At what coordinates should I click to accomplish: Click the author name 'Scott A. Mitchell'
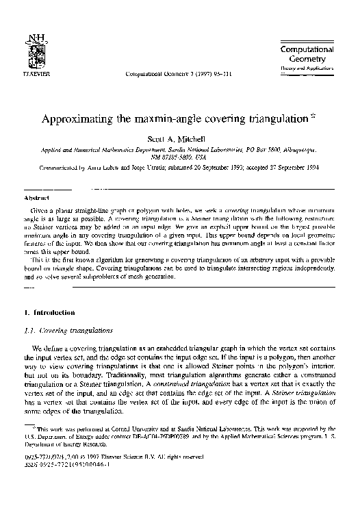tap(180, 137)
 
